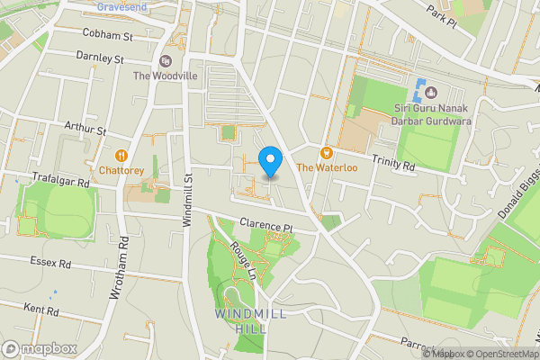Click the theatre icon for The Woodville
coord(165,60)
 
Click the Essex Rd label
coord(50,265)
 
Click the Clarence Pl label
coord(266,227)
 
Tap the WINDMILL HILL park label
coord(240,321)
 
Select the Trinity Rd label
coord(393,166)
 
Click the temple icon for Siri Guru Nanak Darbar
coord(430,92)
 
